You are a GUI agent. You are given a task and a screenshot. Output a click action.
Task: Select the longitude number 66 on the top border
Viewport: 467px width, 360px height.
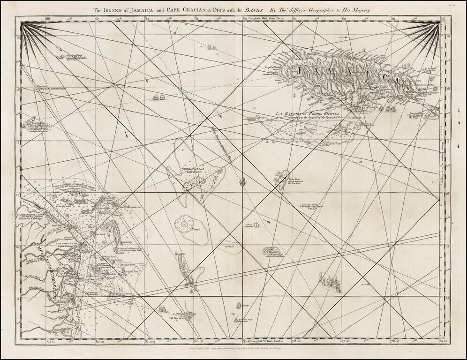(x=48, y=19)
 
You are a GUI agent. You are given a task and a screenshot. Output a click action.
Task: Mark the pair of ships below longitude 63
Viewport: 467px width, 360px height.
(x=211, y=47)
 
